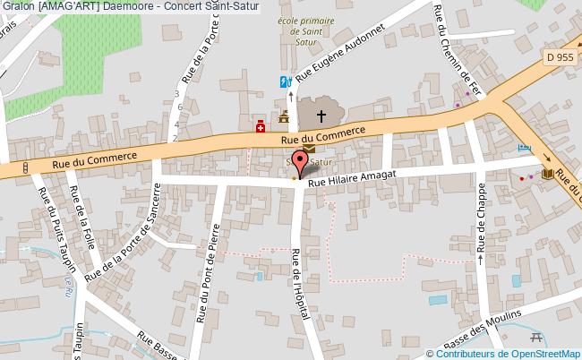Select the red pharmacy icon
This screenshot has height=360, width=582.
[x=261, y=126]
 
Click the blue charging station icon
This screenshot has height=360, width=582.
[x=285, y=81]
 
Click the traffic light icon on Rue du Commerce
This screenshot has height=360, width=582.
[x=26, y=167]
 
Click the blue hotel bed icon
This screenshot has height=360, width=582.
[x=525, y=147]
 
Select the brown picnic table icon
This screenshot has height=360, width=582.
[x=537, y=336]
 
